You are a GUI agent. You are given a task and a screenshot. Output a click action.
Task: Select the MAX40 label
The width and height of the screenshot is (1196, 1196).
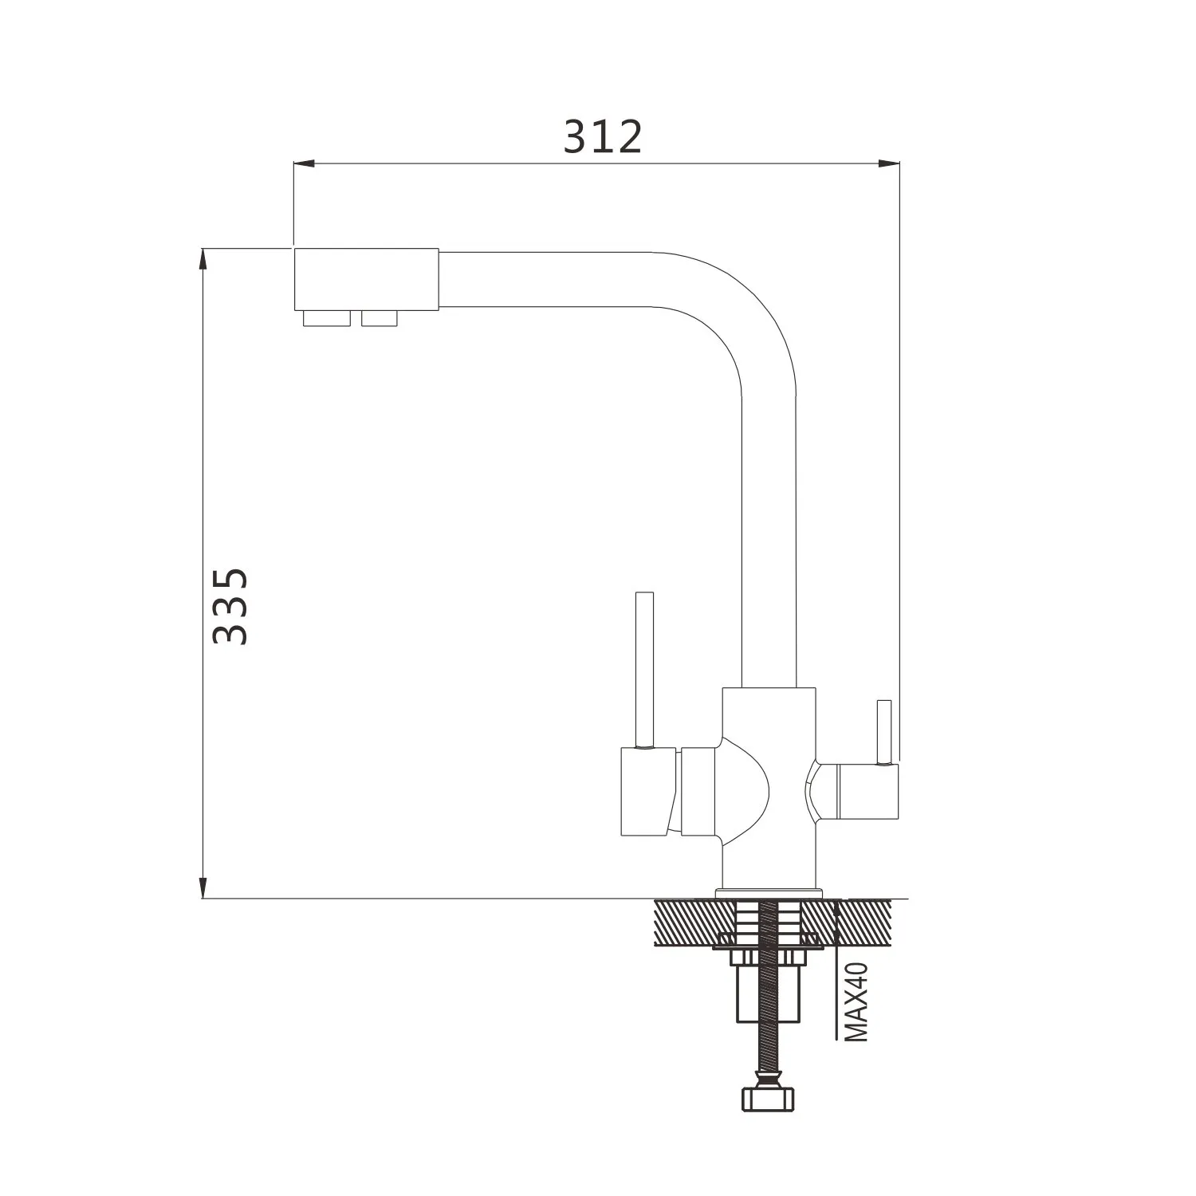tap(856, 1001)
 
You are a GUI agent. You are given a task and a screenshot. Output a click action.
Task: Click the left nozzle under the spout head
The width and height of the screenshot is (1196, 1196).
tap(327, 318)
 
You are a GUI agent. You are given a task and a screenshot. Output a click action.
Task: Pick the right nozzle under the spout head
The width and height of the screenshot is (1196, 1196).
tap(380, 318)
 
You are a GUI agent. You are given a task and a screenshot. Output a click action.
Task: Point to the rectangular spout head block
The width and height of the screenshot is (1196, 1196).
tap(366, 279)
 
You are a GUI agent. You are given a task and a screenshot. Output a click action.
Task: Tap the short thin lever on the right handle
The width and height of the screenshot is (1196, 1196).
tap(883, 732)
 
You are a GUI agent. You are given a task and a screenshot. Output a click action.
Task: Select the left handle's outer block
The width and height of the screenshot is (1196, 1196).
tap(648, 792)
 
